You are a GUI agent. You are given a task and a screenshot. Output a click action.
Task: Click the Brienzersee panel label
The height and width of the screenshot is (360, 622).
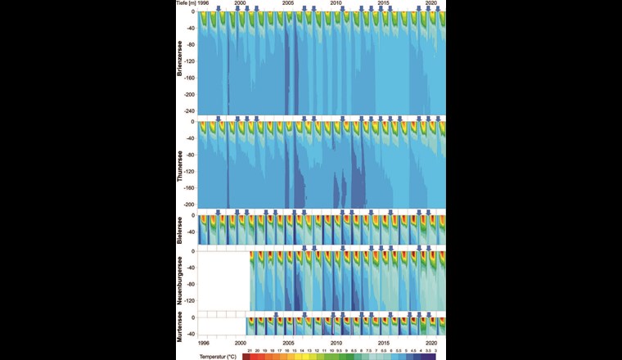[181, 64]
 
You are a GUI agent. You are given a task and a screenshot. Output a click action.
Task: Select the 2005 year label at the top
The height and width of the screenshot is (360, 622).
[288, 4]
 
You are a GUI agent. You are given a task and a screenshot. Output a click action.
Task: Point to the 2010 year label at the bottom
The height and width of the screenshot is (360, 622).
[336, 344]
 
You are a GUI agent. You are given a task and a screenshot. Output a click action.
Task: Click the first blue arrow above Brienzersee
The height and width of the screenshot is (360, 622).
[218, 7]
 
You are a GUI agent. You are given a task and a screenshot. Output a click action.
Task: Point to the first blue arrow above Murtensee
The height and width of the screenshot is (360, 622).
[276, 313]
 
